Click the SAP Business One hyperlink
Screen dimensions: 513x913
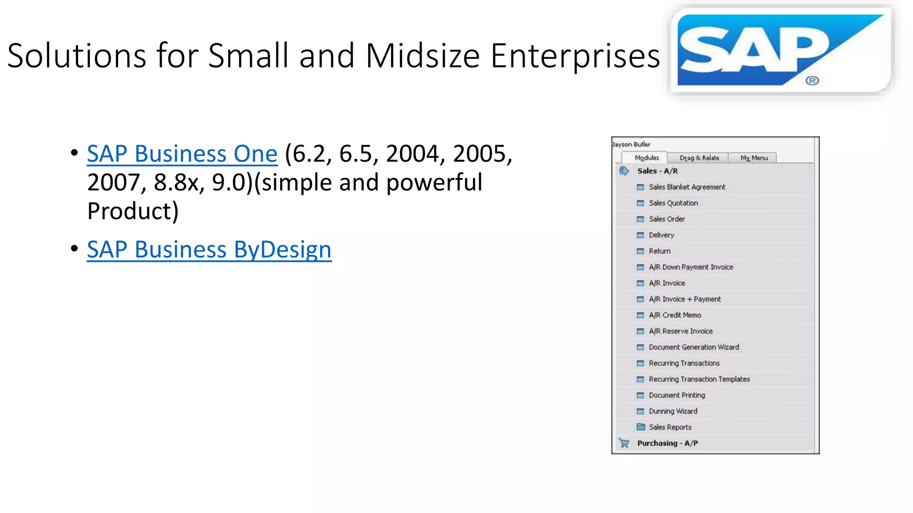(182, 154)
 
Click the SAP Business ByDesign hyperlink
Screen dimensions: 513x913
(209, 249)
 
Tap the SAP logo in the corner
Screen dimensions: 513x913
(780, 50)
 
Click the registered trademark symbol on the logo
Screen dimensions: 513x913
(812, 81)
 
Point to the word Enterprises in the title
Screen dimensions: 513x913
(575, 56)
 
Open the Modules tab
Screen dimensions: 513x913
(646, 158)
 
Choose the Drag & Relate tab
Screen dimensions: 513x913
(699, 158)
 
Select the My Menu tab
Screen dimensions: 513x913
(754, 158)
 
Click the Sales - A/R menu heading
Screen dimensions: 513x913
(657, 171)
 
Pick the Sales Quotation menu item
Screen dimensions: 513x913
(673, 203)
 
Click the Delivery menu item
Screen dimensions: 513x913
(661, 235)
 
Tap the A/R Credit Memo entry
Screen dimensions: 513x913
(674, 315)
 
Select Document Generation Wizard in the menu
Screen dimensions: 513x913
(693, 347)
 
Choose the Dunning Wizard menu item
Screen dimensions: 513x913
(673, 411)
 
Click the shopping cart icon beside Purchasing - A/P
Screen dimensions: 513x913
(624, 443)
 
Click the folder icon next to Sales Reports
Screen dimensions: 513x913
(641, 427)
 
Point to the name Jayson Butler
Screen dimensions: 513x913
(631, 144)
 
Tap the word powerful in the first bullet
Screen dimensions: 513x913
(434, 183)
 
